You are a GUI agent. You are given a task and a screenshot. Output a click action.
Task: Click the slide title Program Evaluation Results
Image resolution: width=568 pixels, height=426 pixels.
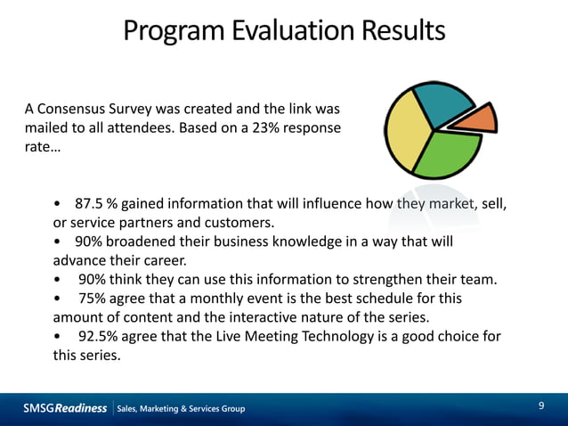point(284,31)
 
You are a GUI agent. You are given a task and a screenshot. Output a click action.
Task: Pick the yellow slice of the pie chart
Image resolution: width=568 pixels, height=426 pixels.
point(405,132)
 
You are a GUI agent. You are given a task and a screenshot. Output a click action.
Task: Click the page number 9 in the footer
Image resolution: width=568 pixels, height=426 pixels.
point(541,406)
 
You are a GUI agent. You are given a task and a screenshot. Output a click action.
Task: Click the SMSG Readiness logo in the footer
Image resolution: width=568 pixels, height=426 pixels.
point(65,408)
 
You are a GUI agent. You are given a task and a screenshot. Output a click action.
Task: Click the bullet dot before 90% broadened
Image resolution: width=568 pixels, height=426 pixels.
point(58,242)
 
